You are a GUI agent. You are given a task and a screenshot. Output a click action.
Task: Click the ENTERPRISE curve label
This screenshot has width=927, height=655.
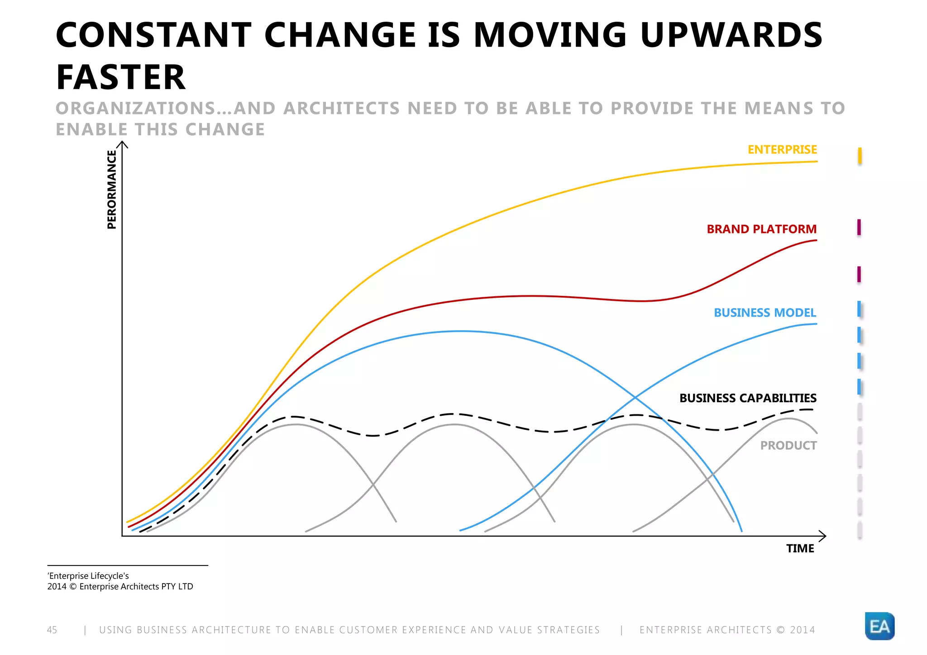[782, 150]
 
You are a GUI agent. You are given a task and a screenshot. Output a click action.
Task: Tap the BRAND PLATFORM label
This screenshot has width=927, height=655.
[761, 229]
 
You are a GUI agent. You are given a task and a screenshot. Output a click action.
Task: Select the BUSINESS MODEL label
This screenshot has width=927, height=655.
[765, 313]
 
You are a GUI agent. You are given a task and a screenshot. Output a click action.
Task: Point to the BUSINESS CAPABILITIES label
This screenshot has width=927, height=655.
[748, 398]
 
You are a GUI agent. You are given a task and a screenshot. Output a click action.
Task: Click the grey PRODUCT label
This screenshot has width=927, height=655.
[788, 446]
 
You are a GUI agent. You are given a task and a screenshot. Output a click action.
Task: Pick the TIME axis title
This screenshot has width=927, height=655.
[800, 549]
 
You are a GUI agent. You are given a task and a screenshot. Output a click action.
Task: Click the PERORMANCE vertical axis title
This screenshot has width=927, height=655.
[111, 190]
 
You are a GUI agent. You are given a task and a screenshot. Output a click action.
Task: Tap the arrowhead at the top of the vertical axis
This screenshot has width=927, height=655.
[122, 144]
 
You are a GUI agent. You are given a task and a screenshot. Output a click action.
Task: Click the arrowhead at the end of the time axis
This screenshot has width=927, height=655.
[823, 536]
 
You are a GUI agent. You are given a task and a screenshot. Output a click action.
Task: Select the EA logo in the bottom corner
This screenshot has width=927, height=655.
[879, 626]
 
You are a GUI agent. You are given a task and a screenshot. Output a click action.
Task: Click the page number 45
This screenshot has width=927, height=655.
[52, 630]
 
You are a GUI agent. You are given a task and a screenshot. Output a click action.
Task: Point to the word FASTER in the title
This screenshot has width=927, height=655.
[120, 77]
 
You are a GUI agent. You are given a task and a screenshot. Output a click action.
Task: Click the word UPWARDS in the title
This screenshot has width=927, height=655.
[731, 35]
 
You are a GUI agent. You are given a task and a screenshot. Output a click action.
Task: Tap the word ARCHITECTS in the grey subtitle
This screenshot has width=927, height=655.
[342, 109]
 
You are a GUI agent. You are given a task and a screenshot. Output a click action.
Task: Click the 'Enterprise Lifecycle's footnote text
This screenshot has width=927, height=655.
[88, 576]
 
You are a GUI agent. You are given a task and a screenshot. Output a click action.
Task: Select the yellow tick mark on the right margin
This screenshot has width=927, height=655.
[860, 156]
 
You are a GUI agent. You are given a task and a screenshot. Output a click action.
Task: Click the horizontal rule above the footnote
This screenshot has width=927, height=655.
[128, 565]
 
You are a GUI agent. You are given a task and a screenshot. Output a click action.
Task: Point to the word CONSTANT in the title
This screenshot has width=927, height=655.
[153, 35]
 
